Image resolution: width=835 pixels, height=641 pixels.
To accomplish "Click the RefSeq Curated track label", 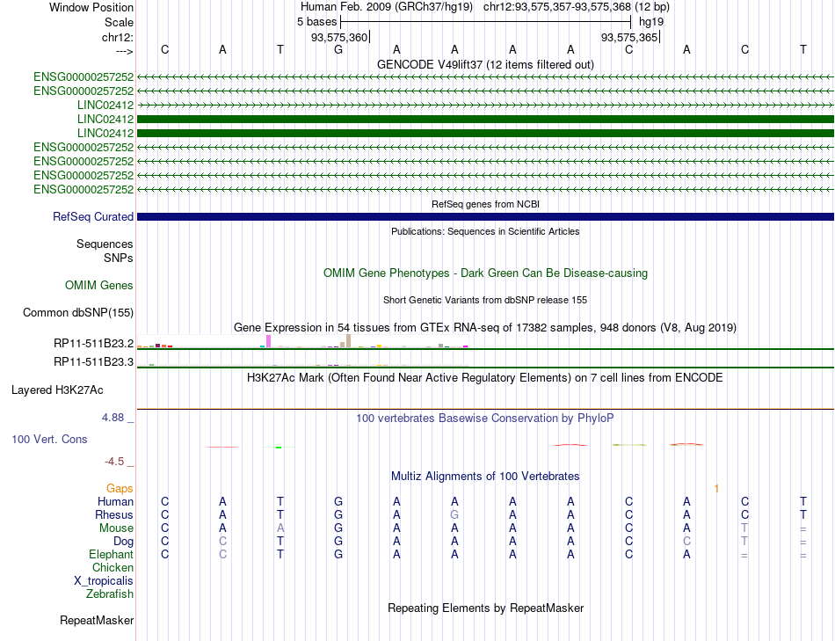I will pyautogui.click(x=93, y=216).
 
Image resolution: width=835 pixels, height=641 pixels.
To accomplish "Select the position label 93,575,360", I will pyautogui.click(x=339, y=37).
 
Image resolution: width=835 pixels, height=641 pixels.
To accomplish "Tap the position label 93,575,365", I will pyautogui.click(x=628, y=37).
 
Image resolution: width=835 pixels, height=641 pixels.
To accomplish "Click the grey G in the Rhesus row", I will pyautogui.click(x=454, y=514).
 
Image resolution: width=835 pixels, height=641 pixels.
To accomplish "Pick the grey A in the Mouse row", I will pyautogui.click(x=280, y=528).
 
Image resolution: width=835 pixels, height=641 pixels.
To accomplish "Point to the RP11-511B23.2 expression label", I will pyautogui.click(x=93, y=343).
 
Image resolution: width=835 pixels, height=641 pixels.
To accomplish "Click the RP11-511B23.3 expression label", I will pyautogui.click(x=93, y=361).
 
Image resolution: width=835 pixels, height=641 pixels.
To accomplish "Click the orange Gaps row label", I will pyautogui.click(x=120, y=488).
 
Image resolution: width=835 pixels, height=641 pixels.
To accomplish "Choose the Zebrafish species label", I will pyautogui.click(x=110, y=594).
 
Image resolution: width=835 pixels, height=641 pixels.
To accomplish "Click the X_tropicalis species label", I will pyautogui.click(x=104, y=581).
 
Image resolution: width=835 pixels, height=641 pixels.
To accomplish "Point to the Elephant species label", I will pyautogui.click(x=111, y=555).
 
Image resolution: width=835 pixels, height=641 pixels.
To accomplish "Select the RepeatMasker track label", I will pyautogui.click(x=97, y=621).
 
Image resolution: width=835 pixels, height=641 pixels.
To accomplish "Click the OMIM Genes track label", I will pyautogui.click(x=99, y=285).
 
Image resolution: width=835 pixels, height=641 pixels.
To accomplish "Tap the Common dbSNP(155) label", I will pyautogui.click(x=78, y=312).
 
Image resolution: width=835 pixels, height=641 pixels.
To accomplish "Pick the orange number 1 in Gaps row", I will pyautogui.click(x=717, y=488).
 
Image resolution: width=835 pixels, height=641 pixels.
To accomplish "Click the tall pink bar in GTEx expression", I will pyautogui.click(x=268, y=341).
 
